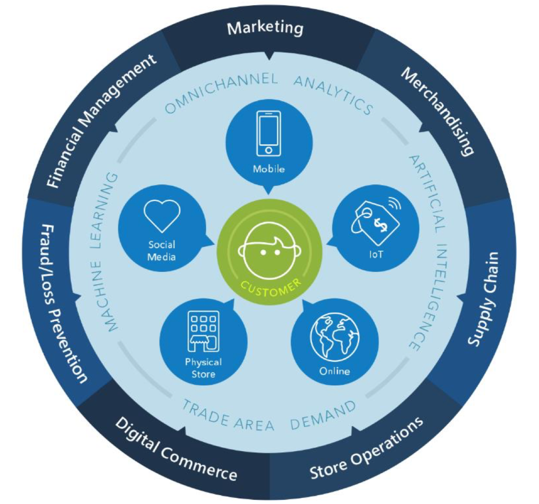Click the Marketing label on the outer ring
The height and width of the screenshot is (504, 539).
265,28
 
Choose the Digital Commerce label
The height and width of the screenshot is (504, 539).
176,449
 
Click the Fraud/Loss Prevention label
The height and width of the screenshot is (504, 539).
64,304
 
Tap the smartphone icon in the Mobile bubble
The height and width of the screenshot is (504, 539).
269,133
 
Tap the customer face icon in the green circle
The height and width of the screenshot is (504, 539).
269,251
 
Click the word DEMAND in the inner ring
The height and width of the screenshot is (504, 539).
323,416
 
